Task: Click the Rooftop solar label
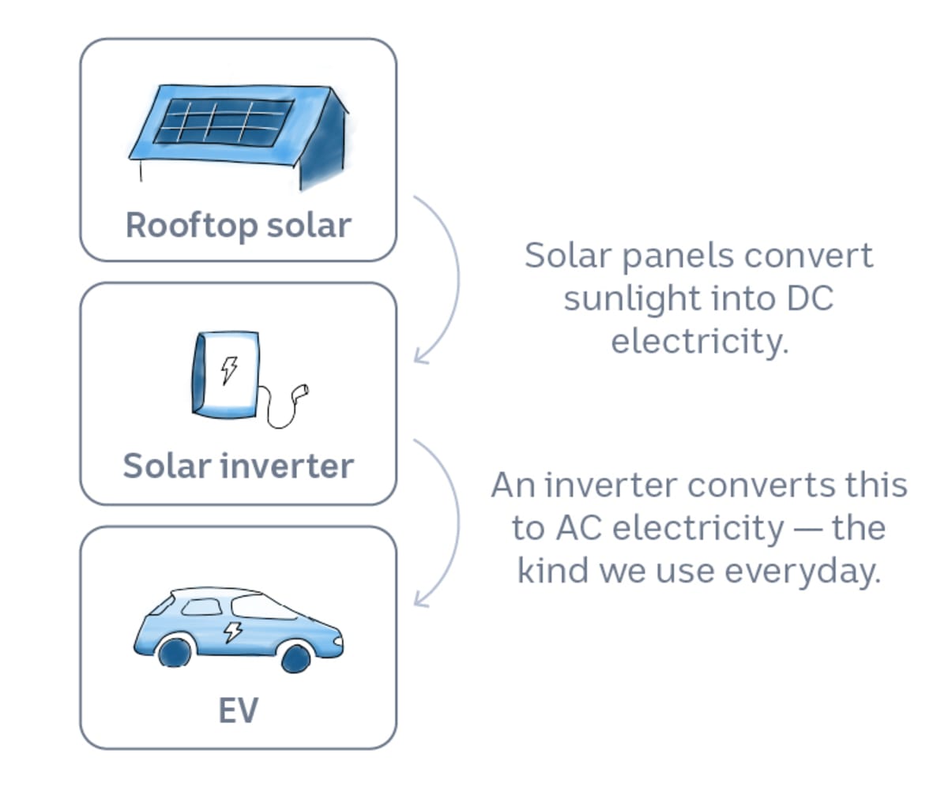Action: [238, 225]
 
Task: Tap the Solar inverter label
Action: [238, 466]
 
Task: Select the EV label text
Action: [238, 710]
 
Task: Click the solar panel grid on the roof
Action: [224, 122]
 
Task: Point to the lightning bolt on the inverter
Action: [229, 369]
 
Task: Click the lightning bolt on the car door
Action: [233, 631]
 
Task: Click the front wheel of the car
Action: [295, 657]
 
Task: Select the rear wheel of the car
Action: [174, 652]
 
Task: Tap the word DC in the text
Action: [809, 300]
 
